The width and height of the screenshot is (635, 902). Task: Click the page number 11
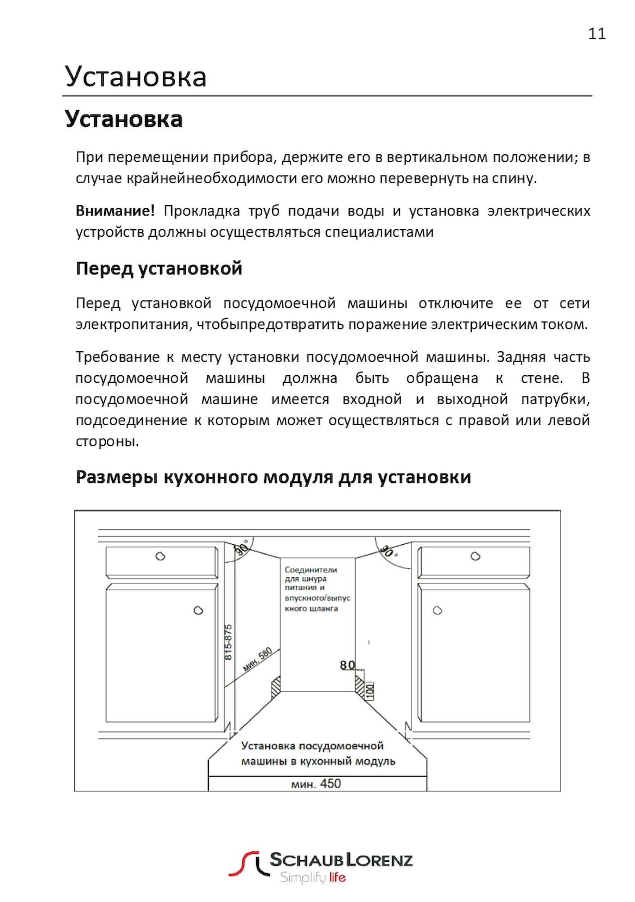(x=597, y=34)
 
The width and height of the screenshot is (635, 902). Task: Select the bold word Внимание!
(x=115, y=211)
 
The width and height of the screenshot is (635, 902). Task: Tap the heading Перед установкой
(x=159, y=268)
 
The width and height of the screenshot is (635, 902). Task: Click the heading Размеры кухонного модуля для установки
(x=273, y=477)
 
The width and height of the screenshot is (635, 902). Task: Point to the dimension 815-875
(x=228, y=642)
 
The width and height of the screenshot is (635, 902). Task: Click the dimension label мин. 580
(x=257, y=659)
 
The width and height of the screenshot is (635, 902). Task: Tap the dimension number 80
(x=347, y=665)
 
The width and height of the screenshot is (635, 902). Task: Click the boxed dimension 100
(x=370, y=690)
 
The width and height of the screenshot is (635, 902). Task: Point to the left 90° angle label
(x=242, y=549)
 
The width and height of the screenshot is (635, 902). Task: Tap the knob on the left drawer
(x=160, y=556)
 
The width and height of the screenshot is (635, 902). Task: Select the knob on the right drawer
(x=475, y=556)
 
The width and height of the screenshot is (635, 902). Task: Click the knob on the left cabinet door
(x=198, y=610)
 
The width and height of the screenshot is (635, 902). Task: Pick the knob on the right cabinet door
(x=437, y=610)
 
